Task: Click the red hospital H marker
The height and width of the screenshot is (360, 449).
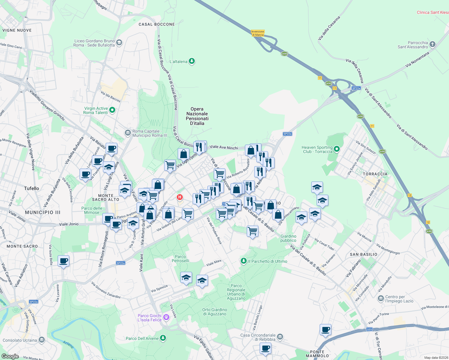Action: click(x=180, y=197)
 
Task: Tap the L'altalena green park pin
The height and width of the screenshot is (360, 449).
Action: click(x=192, y=61)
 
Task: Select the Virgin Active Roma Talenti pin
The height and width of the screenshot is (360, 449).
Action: click(x=112, y=110)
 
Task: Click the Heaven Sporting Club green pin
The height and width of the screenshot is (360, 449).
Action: click(x=337, y=149)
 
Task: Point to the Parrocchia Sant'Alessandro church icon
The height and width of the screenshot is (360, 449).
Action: click(x=432, y=44)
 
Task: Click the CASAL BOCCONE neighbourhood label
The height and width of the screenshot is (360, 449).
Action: click(x=157, y=24)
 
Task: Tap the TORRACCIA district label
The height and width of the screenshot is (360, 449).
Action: click(x=375, y=174)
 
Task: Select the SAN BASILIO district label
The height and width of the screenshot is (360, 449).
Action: click(x=363, y=254)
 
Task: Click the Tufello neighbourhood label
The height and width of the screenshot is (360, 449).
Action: click(x=32, y=188)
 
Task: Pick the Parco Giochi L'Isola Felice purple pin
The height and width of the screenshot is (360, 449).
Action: click(x=166, y=317)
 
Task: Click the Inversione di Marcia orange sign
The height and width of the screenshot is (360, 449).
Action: click(x=258, y=33)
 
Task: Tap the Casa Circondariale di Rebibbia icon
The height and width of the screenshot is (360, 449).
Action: click(x=280, y=337)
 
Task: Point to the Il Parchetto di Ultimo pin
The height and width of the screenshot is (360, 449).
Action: click(x=244, y=261)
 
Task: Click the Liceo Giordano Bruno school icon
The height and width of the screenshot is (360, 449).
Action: click(x=119, y=43)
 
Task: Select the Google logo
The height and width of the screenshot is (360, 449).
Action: click(x=10, y=356)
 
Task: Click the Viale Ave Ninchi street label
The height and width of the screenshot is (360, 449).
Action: click(x=224, y=147)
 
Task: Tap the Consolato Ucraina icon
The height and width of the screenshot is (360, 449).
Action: click(x=41, y=340)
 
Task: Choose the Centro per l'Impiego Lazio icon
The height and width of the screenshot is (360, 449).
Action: click(x=381, y=298)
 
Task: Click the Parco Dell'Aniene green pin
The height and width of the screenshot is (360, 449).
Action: click(x=163, y=338)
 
